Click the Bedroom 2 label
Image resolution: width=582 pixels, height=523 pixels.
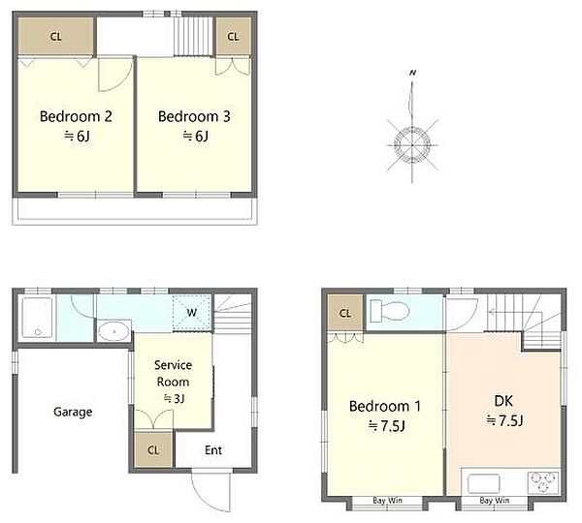point(76,116)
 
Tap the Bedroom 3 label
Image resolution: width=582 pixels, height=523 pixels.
point(194,116)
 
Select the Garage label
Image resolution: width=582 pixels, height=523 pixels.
point(73,412)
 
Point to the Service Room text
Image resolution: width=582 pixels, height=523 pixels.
point(173,373)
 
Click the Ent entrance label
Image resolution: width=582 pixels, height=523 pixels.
point(213,450)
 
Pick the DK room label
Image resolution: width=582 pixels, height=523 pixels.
point(503,401)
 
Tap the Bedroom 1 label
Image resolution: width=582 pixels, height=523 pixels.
point(385,406)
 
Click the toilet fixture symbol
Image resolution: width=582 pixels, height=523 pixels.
point(389,311)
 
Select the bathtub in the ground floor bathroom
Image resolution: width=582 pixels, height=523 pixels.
point(37,318)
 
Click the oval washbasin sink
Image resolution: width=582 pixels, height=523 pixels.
point(113,330)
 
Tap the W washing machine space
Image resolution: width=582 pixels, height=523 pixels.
point(192,313)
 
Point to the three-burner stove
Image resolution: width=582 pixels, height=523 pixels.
point(543,481)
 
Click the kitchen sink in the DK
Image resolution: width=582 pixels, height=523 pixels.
point(484,483)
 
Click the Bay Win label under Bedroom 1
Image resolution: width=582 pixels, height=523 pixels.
point(387,501)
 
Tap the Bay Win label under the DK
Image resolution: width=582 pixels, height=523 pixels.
point(495,501)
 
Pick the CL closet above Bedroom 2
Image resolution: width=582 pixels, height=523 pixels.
point(55,37)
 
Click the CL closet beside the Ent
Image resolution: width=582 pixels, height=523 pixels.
point(153,449)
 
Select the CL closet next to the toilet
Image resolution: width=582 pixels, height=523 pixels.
point(345,313)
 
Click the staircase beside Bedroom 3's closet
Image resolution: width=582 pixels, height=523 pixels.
point(193,37)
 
